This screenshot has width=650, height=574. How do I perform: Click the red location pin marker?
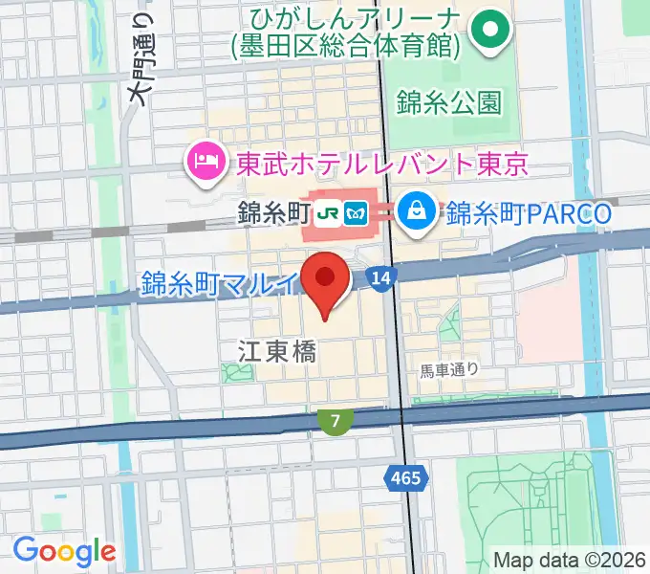click(x=325, y=279)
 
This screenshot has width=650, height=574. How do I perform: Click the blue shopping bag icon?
click(x=419, y=210)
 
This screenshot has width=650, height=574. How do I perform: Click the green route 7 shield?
click(x=335, y=419)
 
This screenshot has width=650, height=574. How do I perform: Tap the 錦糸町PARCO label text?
click(x=528, y=212)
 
